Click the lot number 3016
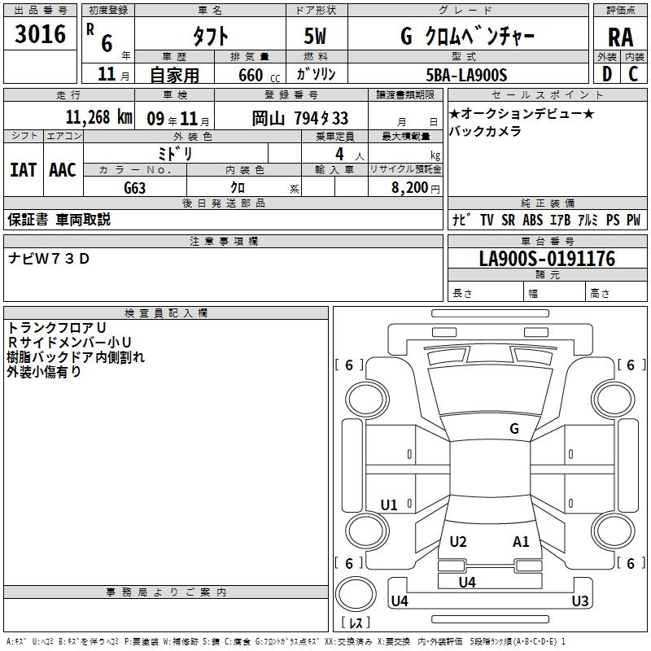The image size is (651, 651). [x=40, y=33]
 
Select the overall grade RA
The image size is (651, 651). [x=621, y=37]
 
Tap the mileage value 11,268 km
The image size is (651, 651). [x=98, y=117]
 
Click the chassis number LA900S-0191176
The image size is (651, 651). [x=547, y=259]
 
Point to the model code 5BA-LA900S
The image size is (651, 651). [x=466, y=75]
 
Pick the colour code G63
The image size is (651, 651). [x=134, y=188]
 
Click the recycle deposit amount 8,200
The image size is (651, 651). [x=409, y=187]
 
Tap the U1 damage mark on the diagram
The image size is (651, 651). [x=389, y=505]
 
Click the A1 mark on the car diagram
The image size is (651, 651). [x=521, y=541]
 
